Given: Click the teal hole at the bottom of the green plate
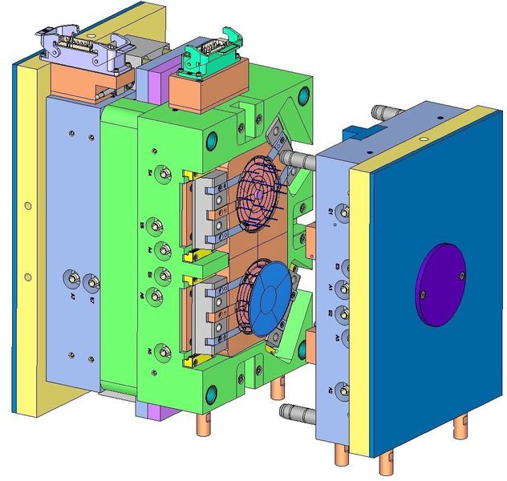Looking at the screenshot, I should pyautogui.click(x=213, y=394).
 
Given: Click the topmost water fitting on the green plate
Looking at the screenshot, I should pyautogui.click(x=165, y=173).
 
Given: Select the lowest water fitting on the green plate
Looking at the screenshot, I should pyautogui.click(x=165, y=350).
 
